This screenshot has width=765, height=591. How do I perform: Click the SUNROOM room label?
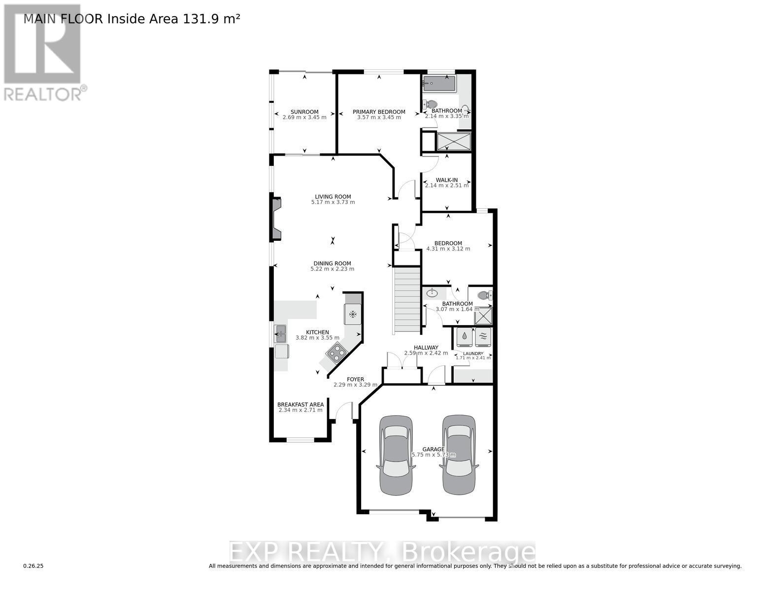point(304,112)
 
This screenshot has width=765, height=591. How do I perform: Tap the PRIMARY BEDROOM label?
point(379,112)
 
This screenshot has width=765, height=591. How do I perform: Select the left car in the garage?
point(396,455)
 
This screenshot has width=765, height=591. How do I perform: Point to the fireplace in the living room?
point(275,219)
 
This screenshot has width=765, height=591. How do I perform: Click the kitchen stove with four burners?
point(337,352)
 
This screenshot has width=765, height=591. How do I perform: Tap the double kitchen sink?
point(280,334)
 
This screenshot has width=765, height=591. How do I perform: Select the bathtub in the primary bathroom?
point(439,83)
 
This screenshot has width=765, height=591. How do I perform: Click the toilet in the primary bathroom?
point(431,104)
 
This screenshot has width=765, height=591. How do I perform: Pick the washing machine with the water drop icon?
point(465,337)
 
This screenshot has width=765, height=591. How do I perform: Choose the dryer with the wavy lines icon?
point(483,337)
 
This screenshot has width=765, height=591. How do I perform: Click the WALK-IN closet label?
point(447,180)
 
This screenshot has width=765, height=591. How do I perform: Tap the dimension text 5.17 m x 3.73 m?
point(333,202)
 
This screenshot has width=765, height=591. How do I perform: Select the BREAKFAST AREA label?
point(300,404)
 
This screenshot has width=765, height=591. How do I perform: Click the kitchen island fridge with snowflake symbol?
point(353,314)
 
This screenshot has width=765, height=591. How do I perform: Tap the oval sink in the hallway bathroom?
point(432,293)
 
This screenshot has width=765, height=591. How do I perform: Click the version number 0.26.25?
point(33,566)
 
